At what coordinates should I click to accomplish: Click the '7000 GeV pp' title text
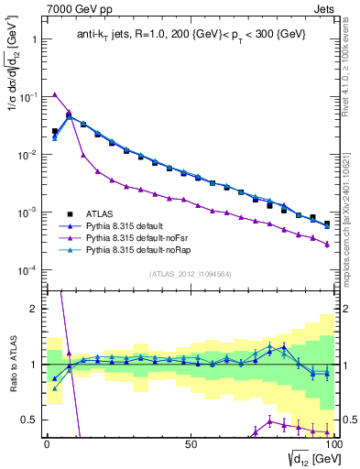[x=74, y=9]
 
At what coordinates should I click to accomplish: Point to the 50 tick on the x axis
[x=190, y=442]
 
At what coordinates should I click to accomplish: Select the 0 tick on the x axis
[x=47, y=442]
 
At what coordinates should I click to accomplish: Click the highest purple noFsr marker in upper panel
[x=55, y=94]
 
